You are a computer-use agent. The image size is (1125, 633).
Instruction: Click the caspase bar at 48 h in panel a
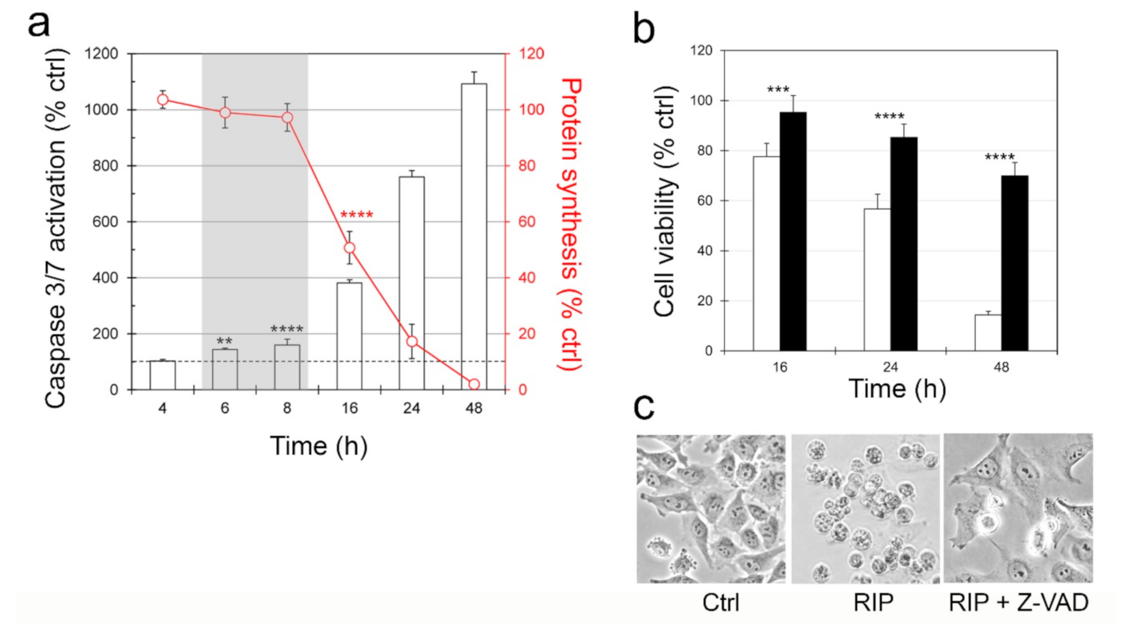(x=474, y=236)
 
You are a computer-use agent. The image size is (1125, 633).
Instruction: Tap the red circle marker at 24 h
(x=412, y=342)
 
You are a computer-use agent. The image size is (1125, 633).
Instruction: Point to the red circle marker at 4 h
(x=162, y=99)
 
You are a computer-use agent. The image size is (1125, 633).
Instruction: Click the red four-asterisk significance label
(x=356, y=215)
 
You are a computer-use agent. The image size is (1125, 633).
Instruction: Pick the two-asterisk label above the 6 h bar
(x=224, y=341)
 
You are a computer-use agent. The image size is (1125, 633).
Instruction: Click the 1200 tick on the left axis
(x=101, y=54)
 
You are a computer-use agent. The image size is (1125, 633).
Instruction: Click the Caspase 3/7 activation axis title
(x=55, y=228)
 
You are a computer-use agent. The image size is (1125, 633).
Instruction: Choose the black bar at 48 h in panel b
(x=1014, y=263)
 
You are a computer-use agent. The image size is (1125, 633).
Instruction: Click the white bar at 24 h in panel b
(x=877, y=279)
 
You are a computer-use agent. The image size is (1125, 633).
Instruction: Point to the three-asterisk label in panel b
(x=778, y=90)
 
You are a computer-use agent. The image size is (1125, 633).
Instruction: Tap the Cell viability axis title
(x=664, y=201)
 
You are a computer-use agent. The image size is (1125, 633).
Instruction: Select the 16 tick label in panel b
(x=780, y=367)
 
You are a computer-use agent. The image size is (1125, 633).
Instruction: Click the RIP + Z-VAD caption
(x=1018, y=603)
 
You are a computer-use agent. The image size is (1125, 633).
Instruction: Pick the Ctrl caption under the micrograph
(x=720, y=603)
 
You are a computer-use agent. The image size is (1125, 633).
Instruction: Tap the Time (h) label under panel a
(x=319, y=447)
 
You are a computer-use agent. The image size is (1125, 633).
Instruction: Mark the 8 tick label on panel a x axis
(x=287, y=408)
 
